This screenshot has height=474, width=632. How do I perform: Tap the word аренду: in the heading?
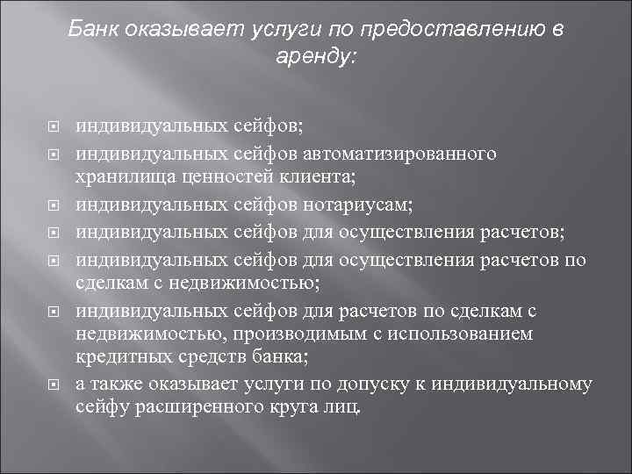pos(316,56)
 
